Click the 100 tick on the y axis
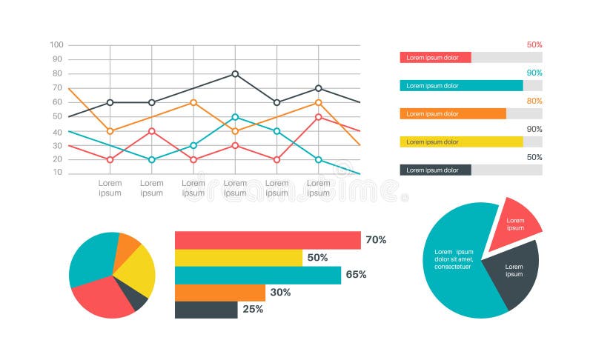[x=56, y=45]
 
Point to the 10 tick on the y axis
[x=57, y=173]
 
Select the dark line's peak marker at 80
[x=235, y=74]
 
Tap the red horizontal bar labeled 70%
[x=267, y=240]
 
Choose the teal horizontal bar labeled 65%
[x=257, y=275]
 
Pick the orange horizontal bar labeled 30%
[x=219, y=293]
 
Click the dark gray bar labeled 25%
[x=206, y=310]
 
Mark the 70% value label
[x=376, y=240]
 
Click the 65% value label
[x=356, y=275]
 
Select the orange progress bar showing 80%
[x=452, y=114]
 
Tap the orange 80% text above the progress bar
[x=534, y=101]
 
